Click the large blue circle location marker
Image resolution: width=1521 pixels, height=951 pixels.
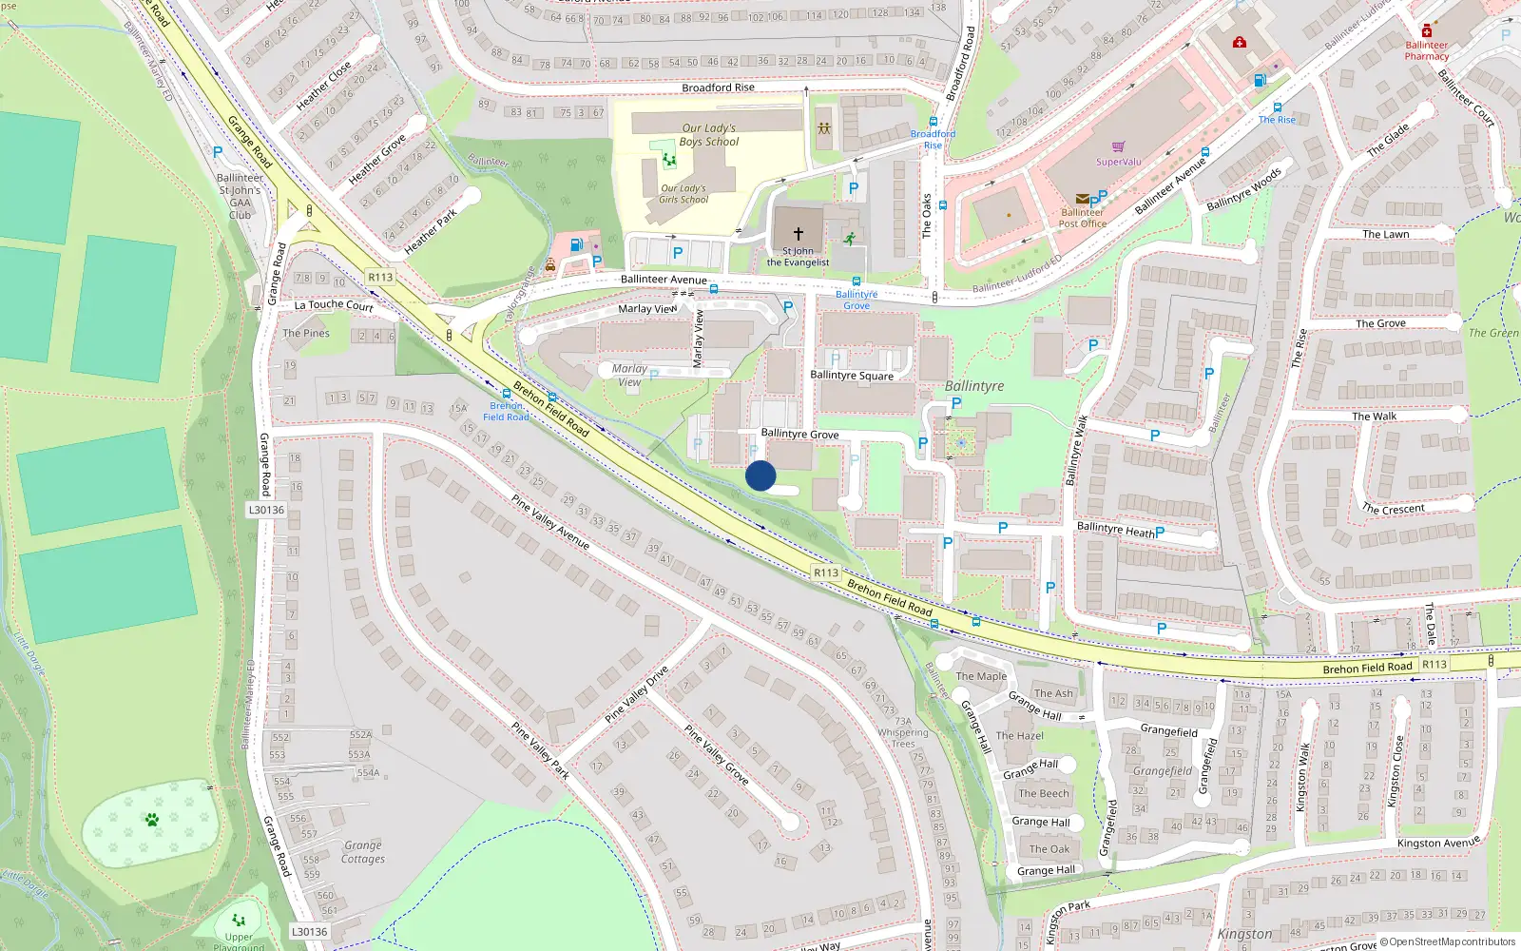[x=760, y=475]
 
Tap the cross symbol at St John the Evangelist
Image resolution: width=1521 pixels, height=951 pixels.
[x=799, y=233]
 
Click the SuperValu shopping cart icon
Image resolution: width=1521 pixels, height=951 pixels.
[x=1118, y=147]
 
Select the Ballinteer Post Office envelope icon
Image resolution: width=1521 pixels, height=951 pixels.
[x=1082, y=199]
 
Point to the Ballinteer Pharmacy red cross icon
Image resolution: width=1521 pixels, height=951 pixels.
[x=1426, y=31]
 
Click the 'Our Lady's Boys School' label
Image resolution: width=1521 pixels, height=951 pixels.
[x=709, y=135]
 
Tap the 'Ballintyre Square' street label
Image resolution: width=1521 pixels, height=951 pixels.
[x=852, y=376]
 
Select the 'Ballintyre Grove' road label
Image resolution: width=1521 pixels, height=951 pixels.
[x=799, y=434]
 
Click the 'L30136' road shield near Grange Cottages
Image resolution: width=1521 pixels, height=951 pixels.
[x=309, y=932]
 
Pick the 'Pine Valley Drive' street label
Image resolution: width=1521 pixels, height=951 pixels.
[x=637, y=694]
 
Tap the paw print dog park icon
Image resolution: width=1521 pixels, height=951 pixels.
[x=151, y=819]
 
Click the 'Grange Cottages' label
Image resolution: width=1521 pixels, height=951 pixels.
[x=363, y=851]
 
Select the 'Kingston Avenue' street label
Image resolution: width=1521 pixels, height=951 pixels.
[x=1438, y=843]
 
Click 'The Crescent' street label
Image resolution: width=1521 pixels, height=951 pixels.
[x=1393, y=509]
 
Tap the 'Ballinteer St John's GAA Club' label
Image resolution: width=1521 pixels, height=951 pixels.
[x=241, y=196]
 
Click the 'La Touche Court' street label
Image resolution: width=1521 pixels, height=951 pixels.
[x=334, y=305]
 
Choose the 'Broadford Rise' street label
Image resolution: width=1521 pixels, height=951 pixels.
[x=718, y=87]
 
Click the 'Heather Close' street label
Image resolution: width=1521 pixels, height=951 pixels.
[x=324, y=85]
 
